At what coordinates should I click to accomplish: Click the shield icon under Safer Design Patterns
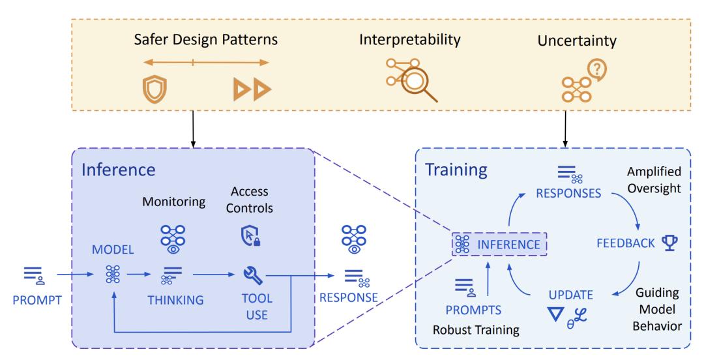click(151, 89)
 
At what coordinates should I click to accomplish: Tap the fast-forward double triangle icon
click(252, 89)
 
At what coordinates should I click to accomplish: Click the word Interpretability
click(410, 40)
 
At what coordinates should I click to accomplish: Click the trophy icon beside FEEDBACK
click(669, 243)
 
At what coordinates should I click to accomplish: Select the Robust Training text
click(477, 329)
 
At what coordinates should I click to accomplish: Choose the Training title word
click(456, 170)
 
